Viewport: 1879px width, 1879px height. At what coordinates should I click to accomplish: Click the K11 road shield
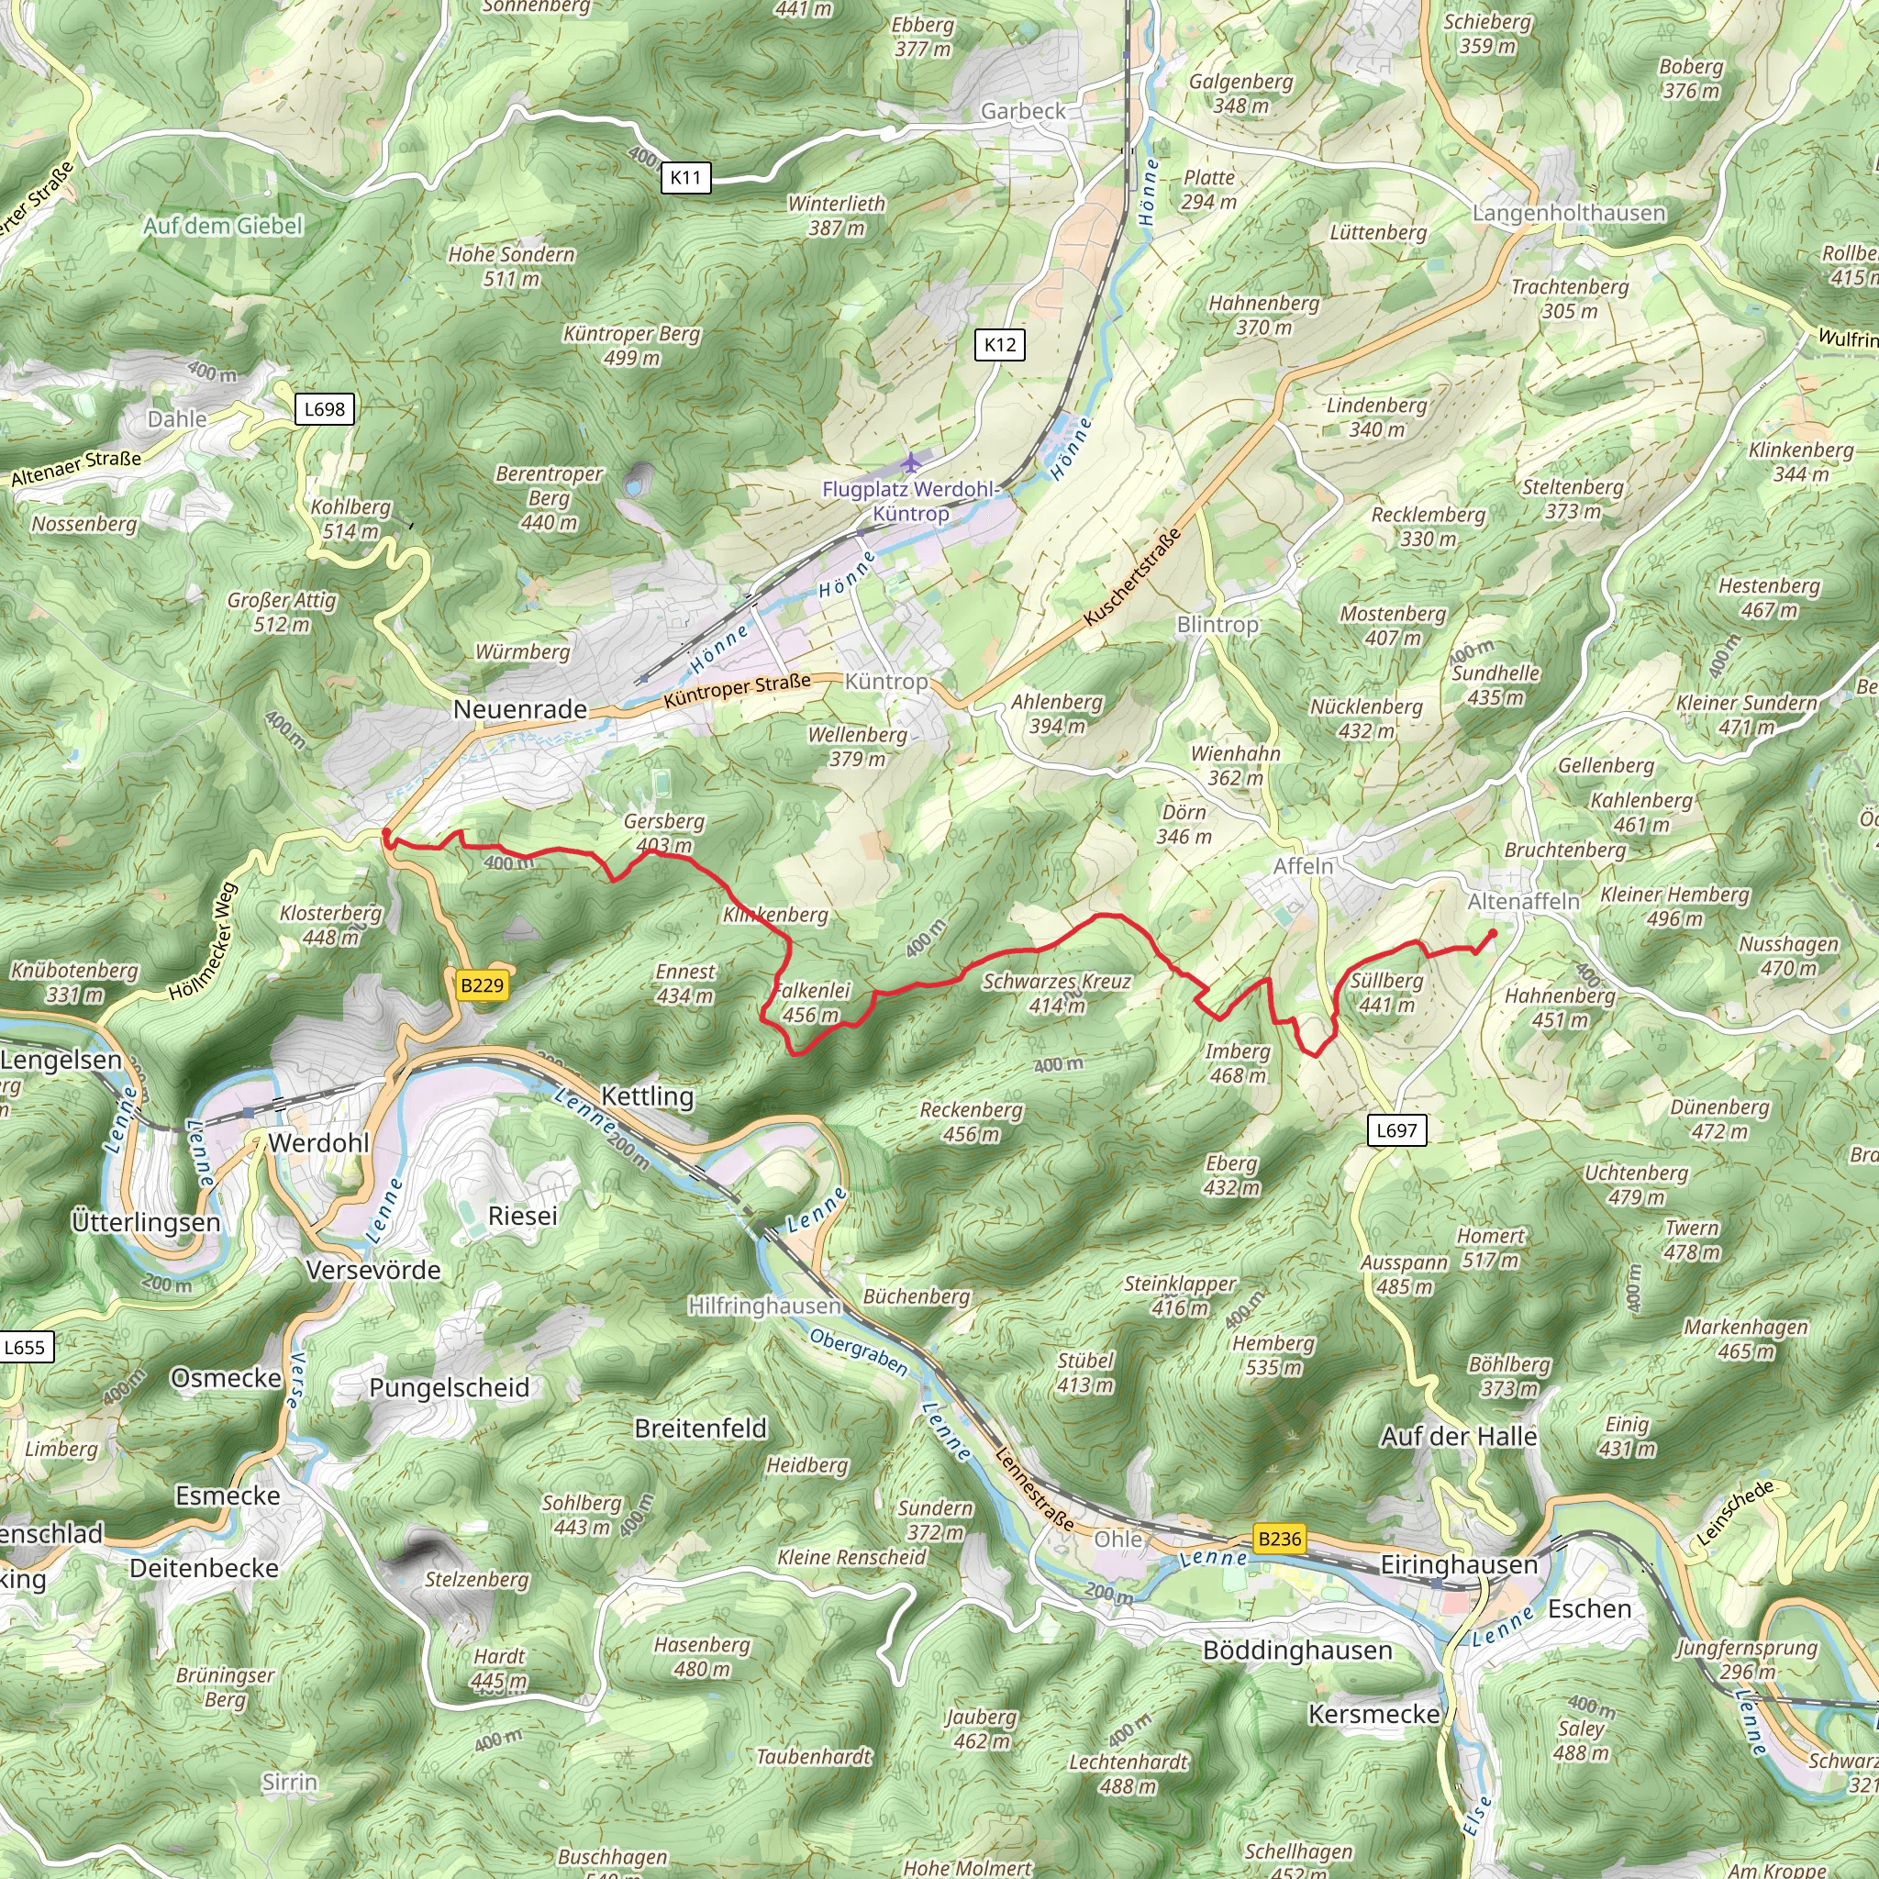click(684, 177)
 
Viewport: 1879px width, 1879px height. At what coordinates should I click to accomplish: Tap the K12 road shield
click(1000, 344)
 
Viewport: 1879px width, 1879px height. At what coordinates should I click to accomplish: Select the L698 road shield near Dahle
click(324, 408)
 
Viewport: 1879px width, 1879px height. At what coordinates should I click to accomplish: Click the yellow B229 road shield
click(483, 985)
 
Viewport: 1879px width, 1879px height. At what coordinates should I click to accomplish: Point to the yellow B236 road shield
click(1279, 1539)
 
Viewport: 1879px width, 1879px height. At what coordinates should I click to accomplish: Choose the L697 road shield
click(1396, 1130)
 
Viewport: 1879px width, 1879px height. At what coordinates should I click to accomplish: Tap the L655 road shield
click(25, 1347)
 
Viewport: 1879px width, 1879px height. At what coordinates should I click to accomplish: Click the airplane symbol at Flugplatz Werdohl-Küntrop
click(910, 462)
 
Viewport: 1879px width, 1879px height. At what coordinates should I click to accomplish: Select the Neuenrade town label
click(519, 709)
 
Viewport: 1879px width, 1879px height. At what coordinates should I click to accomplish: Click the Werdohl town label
click(318, 1143)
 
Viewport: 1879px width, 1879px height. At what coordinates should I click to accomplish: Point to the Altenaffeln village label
click(1523, 902)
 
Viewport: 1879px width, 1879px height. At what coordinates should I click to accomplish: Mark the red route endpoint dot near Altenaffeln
click(1492, 934)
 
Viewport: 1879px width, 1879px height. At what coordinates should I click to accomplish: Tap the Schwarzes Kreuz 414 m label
click(1056, 993)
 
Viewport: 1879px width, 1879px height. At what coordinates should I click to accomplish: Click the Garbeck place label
click(1023, 111)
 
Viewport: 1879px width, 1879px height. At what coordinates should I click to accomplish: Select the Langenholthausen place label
click(1568, 213)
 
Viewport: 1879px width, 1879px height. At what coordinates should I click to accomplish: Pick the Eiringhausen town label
click(1459, 1565)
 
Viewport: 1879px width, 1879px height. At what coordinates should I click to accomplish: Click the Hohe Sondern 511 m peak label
click(512, 265)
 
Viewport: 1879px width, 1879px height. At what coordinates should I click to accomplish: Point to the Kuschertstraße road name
click(1132, 577)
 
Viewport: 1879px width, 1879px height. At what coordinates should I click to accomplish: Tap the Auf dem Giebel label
click(224, 226)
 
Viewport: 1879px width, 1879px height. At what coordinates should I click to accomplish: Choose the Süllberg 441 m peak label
click(1386, 992)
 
